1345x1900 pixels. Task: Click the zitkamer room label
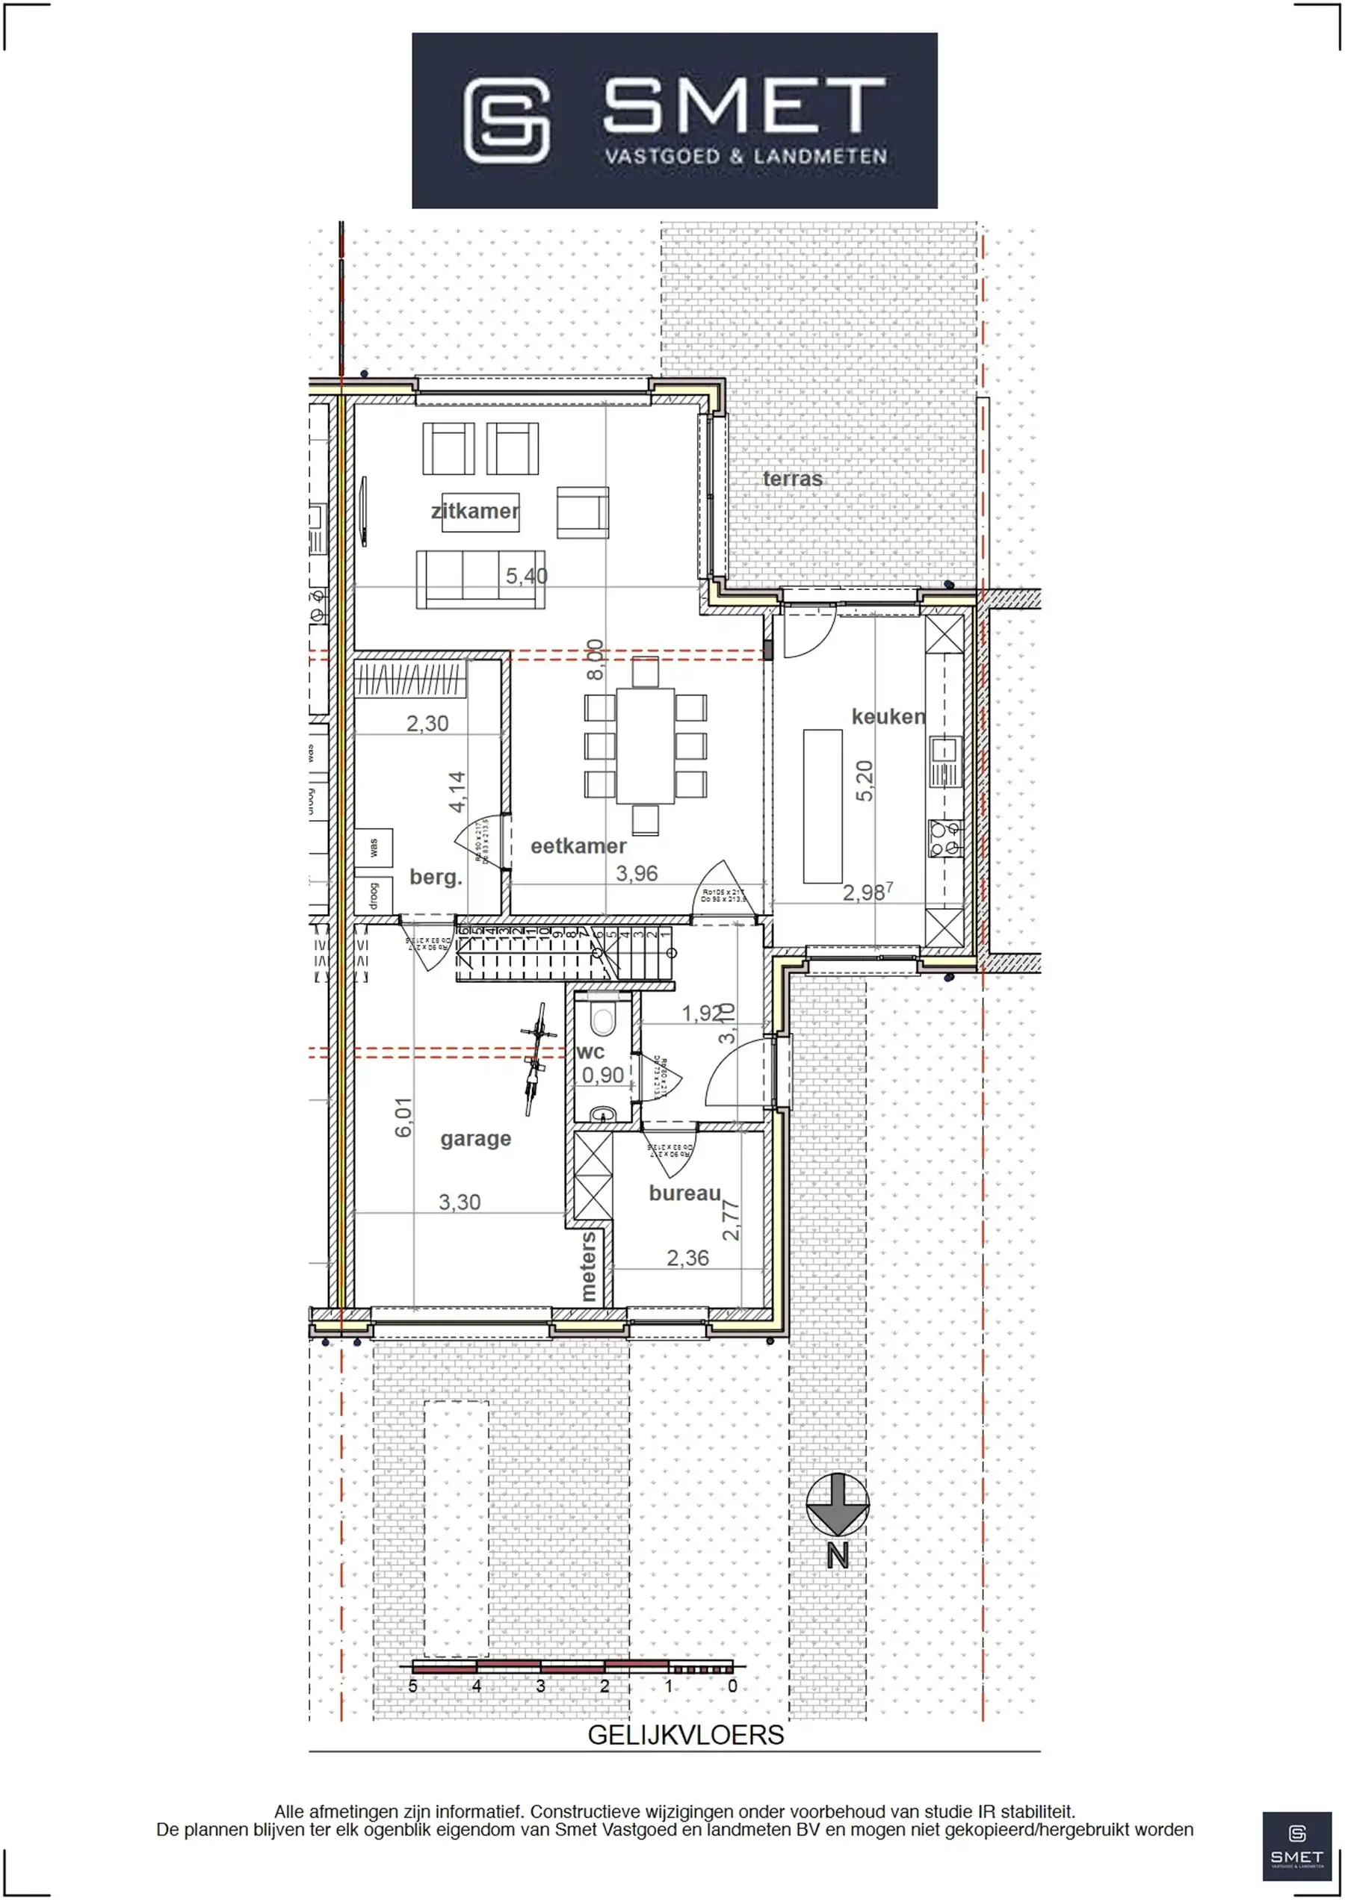click(474, 511)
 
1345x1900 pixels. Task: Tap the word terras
click(792, 479)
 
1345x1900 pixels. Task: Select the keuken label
click(888, 716)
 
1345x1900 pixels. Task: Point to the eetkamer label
click(578, 846)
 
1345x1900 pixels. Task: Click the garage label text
click(475, 1138)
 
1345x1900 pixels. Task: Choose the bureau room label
click(684, 1193)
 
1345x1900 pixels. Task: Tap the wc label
click(590, 1052)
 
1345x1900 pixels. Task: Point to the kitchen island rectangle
click(823, 806)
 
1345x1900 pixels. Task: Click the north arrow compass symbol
click(838, 1504)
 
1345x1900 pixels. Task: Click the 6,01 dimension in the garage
click(403, 1117)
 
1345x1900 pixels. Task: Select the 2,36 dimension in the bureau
click(687, 1258)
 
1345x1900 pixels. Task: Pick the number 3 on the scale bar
click(540, 1686)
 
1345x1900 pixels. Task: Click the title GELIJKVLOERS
click(685, 1735)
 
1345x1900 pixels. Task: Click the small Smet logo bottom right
click(1297, 1845)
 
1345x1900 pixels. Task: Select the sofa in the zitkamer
click(480, 579)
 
